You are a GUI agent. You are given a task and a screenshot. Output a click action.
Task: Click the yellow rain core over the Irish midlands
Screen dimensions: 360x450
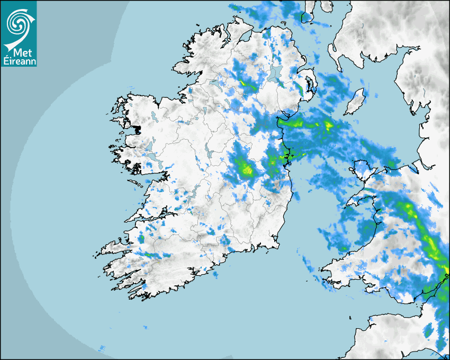point(245,170)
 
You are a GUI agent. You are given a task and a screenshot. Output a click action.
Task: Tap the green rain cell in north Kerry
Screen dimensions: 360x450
point(141,240)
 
